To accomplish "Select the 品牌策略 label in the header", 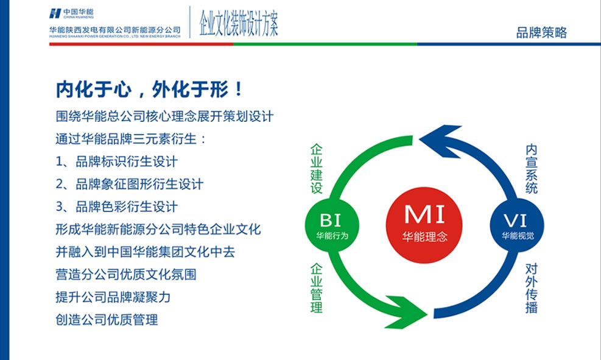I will pyautogui.click(x=541, y=33).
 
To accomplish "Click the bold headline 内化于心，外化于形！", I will pyautogui.click(x=150, y=90).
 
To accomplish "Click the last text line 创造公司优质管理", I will pyautogui.click(x=107, y=319).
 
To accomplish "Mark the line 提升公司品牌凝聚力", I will pyautogui.click(x=113, y=297).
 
